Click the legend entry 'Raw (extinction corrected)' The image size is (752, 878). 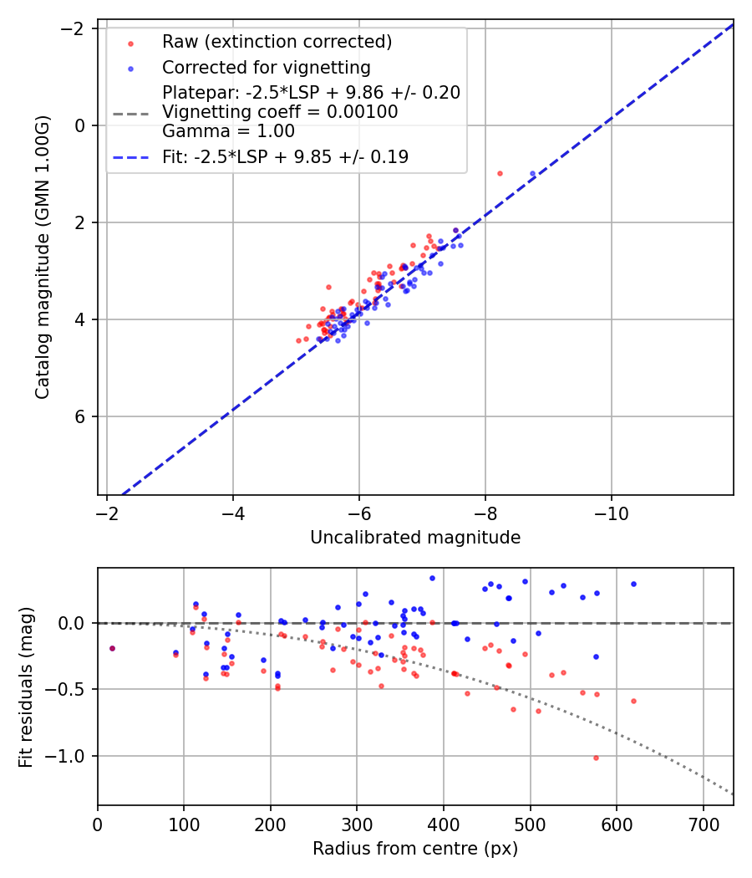click(x=277, y=42)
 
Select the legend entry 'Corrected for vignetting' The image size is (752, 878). click(x=267, y=67)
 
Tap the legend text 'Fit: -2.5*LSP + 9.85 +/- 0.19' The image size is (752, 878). click(x=285, y=157)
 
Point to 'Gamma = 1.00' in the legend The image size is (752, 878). click(x=228, y=131)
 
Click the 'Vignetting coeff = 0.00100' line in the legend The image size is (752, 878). click(x=280, y=111)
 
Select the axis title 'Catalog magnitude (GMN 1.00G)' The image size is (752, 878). click(x=43, y=258)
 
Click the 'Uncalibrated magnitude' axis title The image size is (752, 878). click(x=415, y=538)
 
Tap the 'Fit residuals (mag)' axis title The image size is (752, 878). click(x=26, y=687)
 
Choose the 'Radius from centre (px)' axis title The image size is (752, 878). click(x=415, y=849)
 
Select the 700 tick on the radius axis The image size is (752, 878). click(x=703, y=823)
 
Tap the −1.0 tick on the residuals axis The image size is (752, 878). click(x=71, y=756)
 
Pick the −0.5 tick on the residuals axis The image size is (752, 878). click(x=71, y=690)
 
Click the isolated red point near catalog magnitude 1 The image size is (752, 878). click(x=500, y=173)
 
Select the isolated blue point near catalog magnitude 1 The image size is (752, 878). click(x=532, y=173)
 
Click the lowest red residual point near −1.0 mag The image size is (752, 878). click(x=596, y=758)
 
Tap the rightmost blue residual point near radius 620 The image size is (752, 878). click(x=633, y=584)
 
